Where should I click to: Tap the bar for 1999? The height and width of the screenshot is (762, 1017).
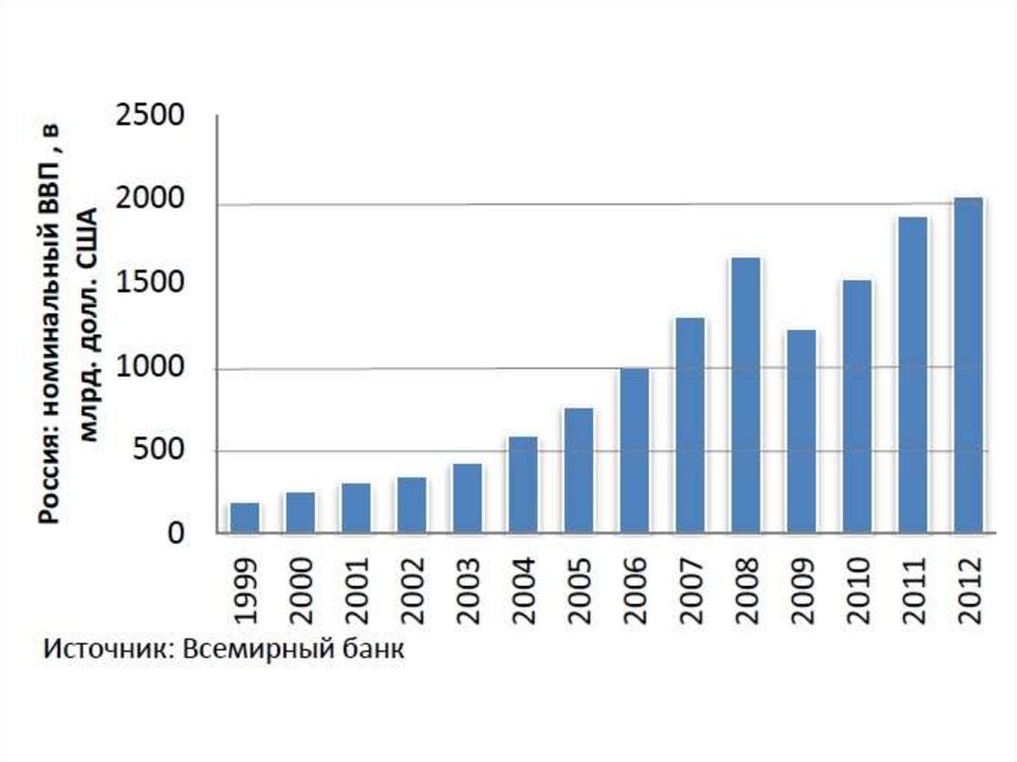[244, 518]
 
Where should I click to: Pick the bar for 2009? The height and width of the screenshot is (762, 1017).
[800, 431]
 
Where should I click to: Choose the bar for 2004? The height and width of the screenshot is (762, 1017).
[522, 484]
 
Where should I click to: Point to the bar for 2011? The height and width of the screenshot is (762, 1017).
[912, 375]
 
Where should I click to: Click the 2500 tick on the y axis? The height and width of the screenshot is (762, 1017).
[150, 116]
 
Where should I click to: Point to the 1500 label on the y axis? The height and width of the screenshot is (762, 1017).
[150, 284]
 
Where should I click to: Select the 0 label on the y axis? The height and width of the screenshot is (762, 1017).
[176, 534]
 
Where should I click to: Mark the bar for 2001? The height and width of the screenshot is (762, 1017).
[356, 508]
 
